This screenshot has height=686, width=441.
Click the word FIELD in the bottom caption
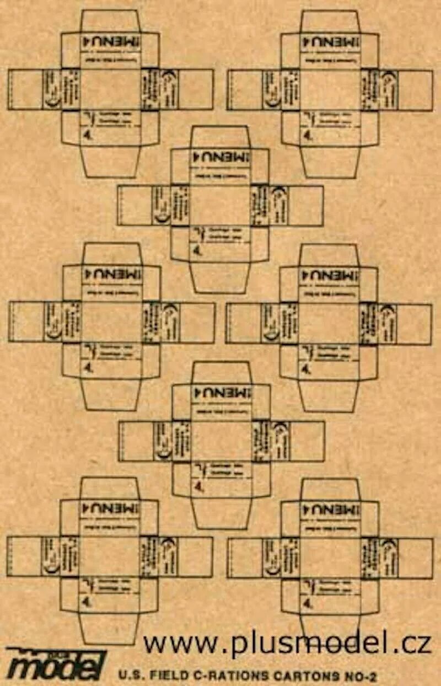[165, 675]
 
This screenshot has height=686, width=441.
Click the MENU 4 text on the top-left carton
[111, 42]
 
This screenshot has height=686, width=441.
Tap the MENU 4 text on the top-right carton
[330, 42]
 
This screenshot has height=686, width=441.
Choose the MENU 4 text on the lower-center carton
[222, 393]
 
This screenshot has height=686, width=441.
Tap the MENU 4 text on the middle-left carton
[111, 274]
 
